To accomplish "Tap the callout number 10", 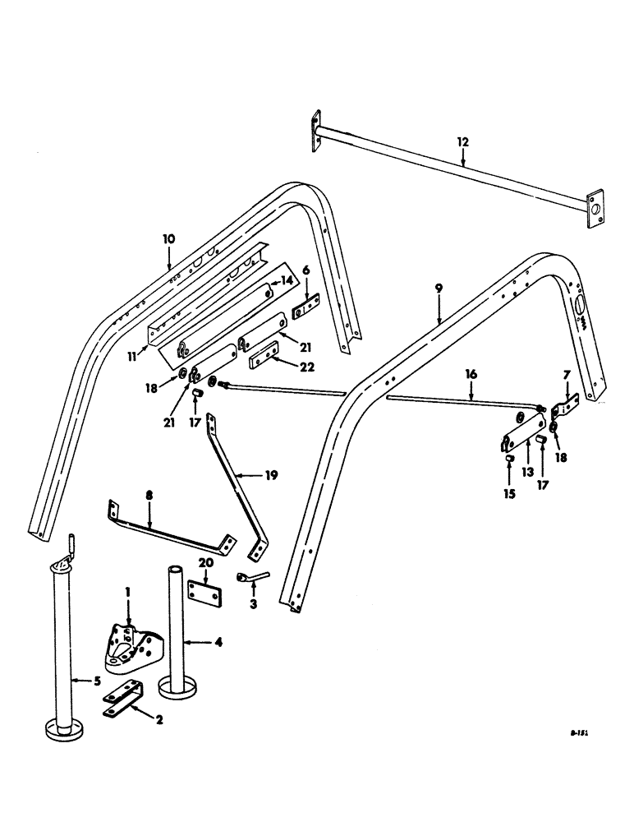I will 169,239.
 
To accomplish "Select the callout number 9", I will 439,289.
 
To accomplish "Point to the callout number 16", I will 471,373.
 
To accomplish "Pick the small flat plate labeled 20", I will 204,593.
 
